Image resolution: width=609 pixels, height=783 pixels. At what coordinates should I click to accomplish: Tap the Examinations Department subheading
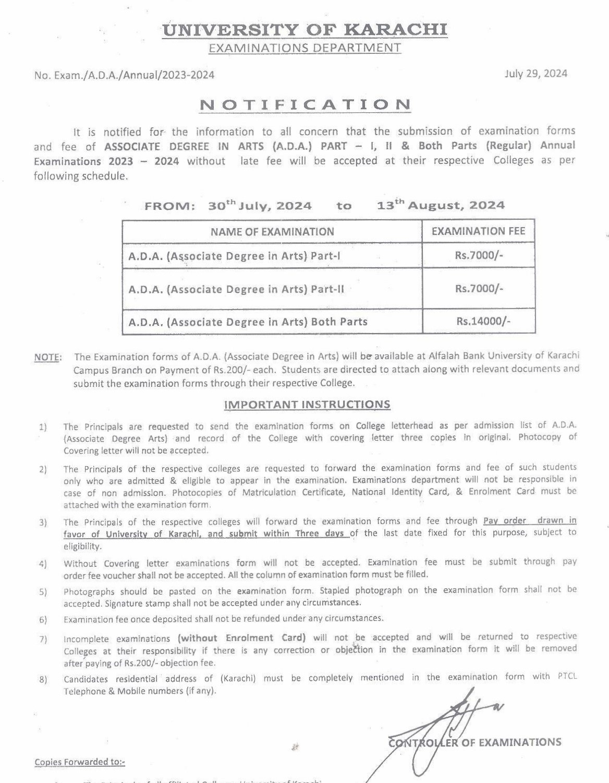(x=304, y=49)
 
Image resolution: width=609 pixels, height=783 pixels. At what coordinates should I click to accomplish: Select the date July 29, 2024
(x=535, y=74)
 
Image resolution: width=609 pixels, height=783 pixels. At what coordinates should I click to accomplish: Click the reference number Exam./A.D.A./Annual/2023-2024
(x=124, y=75)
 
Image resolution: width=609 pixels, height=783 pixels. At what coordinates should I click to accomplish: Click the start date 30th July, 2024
(x=260, y=206)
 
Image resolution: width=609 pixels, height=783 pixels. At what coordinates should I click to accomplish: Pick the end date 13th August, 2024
(x=441, y=205)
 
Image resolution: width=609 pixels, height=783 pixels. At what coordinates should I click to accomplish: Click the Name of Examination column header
(x=272, y=232)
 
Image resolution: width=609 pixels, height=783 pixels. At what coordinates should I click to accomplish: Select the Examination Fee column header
(x=478, y=231)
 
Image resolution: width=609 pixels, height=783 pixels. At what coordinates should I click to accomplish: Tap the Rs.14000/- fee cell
(x=483, y=321)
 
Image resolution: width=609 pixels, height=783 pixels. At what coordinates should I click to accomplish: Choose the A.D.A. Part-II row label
(x=236, y=289)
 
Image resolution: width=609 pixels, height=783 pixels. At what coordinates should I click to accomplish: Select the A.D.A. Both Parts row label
(x=248, y=322)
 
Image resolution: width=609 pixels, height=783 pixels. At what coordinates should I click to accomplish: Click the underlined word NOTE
(x=47, y=358)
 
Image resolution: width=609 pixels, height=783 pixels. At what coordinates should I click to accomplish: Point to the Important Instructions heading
(x=307, y=405)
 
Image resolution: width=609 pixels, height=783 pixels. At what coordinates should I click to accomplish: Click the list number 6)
(x=43, y=620)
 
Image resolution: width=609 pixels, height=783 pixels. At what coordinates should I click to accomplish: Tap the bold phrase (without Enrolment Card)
(x=241, y=638)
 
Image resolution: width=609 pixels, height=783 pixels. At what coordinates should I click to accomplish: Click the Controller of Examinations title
(x=475, y=742)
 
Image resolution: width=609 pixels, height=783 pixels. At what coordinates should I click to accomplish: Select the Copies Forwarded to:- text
(x=80, y=762)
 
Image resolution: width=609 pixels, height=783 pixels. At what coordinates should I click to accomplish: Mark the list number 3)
(x=43, y=523)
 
